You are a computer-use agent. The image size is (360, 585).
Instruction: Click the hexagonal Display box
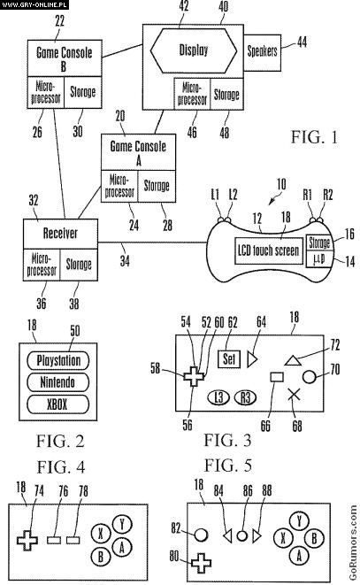(193, 50)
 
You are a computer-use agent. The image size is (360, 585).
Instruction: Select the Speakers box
(262, 52)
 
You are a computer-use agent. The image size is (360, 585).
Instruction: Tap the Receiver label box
(60, 234)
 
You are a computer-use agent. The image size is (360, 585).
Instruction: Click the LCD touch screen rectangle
(269, 250)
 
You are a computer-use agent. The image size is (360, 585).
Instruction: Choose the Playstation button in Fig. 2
(57, 361)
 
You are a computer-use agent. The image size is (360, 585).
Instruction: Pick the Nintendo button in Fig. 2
(57, 382)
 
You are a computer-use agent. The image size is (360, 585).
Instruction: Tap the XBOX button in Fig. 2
(57, 404)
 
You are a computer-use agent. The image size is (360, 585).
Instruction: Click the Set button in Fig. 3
(229, 359)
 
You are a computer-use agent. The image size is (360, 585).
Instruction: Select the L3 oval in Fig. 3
(218, 397)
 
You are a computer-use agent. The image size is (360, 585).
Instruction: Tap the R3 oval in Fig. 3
(245, 397)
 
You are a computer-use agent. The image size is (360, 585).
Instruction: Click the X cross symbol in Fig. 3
(295, 395)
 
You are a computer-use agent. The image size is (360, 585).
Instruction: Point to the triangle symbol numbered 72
(293, 360)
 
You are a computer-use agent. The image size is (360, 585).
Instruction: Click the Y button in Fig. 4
(122, 525)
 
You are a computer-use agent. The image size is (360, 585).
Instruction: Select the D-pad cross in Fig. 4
(27, 540)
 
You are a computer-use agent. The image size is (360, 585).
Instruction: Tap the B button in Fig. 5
(314, 538)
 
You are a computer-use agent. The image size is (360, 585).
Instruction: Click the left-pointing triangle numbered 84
(227, 536)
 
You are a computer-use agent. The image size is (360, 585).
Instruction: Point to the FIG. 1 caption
(314, 137)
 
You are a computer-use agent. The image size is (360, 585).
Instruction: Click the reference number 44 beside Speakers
(302, 42)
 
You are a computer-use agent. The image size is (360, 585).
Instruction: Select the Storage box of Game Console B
(83, 93)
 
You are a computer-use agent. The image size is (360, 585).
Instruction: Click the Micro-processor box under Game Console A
(119, 187)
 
